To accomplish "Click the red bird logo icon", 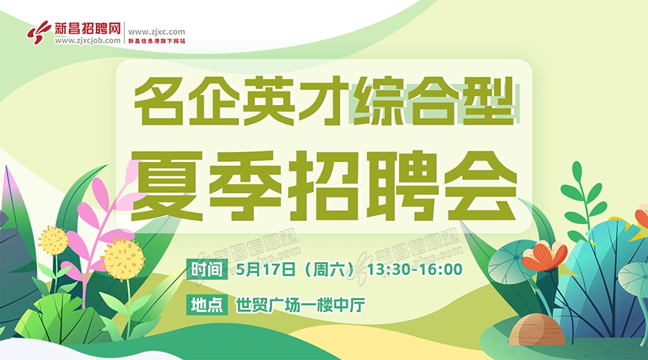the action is point(40,32).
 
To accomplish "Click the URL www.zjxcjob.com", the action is point(88,40).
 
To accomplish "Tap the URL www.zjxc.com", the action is point(157,32).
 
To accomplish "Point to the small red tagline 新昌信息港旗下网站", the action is point(157,41).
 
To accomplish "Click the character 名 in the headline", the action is point(159,100).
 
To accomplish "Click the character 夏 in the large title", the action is point(167,186).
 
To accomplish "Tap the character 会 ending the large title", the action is point(481,186).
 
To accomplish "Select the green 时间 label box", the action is point(207,269).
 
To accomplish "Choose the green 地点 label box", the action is point(207,305).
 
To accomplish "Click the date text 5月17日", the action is point(266,269).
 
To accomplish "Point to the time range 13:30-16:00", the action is point(415,269).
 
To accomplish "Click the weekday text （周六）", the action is point(329,269).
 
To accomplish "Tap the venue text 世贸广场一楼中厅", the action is point(300,305).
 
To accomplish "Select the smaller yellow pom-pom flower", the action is point(53,240).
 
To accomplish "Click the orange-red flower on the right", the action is point(544,256).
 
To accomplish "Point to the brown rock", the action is point(536,330).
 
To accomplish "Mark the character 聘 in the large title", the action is point(403,186).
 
